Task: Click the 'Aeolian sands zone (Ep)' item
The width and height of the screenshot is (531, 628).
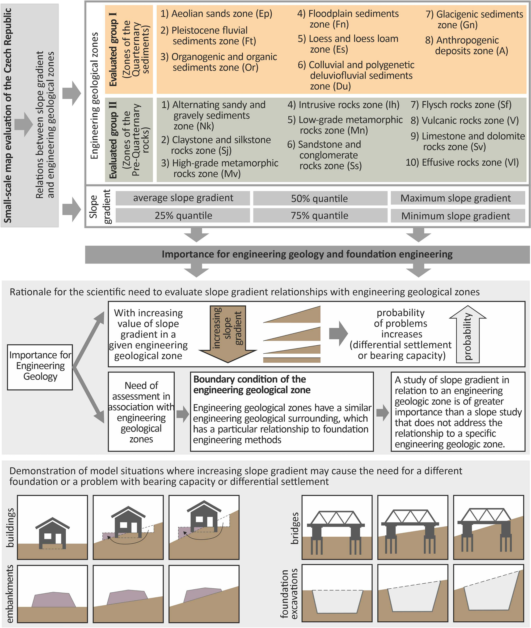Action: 216,14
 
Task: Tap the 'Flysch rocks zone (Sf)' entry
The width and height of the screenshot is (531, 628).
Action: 461,105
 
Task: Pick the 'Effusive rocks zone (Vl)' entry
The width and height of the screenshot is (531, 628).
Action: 462,163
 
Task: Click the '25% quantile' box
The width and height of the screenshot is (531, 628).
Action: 183,216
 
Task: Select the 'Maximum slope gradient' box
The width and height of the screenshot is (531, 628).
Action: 456,198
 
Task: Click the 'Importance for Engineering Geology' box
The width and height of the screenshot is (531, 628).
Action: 40,366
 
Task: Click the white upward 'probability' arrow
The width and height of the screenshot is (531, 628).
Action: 467,334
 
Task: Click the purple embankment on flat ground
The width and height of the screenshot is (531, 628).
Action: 54,599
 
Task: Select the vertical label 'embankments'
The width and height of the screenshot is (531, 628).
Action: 10,594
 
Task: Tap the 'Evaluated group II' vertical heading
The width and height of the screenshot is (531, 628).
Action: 114,140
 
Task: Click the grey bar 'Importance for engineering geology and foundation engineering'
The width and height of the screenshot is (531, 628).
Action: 307,254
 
